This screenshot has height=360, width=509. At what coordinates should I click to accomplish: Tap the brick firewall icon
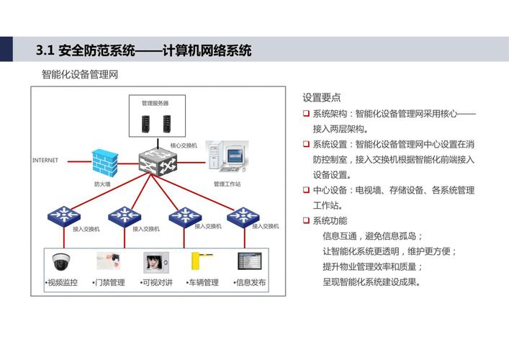105,161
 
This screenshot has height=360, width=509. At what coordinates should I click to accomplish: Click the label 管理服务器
155,103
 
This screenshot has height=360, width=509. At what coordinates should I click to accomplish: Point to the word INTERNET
45,160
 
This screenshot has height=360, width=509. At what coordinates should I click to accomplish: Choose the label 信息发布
251,283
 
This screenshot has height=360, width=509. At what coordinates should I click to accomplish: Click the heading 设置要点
322,98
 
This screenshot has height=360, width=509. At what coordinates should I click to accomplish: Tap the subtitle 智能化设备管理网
80,73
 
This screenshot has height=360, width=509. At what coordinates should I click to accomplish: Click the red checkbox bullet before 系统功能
306,220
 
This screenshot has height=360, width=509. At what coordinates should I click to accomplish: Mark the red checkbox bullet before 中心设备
306,190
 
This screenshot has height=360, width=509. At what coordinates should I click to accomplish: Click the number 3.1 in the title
45,50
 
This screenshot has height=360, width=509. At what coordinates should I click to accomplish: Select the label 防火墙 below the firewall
102,184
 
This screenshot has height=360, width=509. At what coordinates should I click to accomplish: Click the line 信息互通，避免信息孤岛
371,236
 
